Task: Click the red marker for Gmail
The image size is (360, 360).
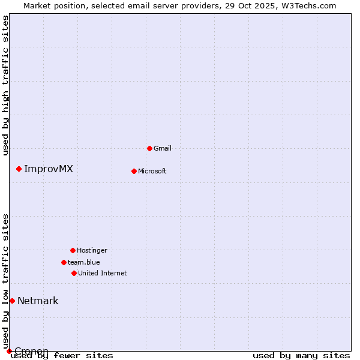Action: pyautogui.click(x=149, y=148)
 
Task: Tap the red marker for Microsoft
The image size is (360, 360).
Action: pyautogui.click(x=134, y=171)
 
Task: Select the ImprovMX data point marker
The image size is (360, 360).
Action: pyautogui.click(x=19, y=169)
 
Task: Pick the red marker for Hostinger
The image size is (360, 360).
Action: pyautogui.click(x=73, y=250)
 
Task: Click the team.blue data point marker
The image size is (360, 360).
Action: pyautogui.click(x=64, y=262)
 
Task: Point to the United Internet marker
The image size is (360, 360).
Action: pyautogui.click(x=74, y=273)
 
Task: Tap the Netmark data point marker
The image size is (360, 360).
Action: pyautogui.click(x=12, y=301)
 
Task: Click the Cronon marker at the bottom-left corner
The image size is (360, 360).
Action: pyautogui.click(x=9, y=351)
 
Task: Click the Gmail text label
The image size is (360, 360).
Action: pyautogui.click(x=163, y=148)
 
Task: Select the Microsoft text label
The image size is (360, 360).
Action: pyautogui.click(x=152, y=171)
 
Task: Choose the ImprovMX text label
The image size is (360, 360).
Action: pyautogui.click(x=49, y=169)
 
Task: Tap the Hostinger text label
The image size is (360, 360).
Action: pyautogui.click(x=92, y=250)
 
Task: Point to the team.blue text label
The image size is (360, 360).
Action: pyautogui.click(x=84, y=262)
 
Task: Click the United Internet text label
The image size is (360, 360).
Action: pyautogui.click(x=103, y=273)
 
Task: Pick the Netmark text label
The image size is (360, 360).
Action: pyautogui.click(x=38, y=301)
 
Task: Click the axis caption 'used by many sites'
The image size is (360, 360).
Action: pyautogui.click(x=301, y=355)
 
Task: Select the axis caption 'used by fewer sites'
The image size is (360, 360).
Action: pyautogui.click(x=62, y=355)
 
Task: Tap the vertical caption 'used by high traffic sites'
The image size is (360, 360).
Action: pyautogui.click(x=5, y=85)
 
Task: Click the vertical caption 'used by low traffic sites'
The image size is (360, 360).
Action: pyautogui.click(x=5, y=281)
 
